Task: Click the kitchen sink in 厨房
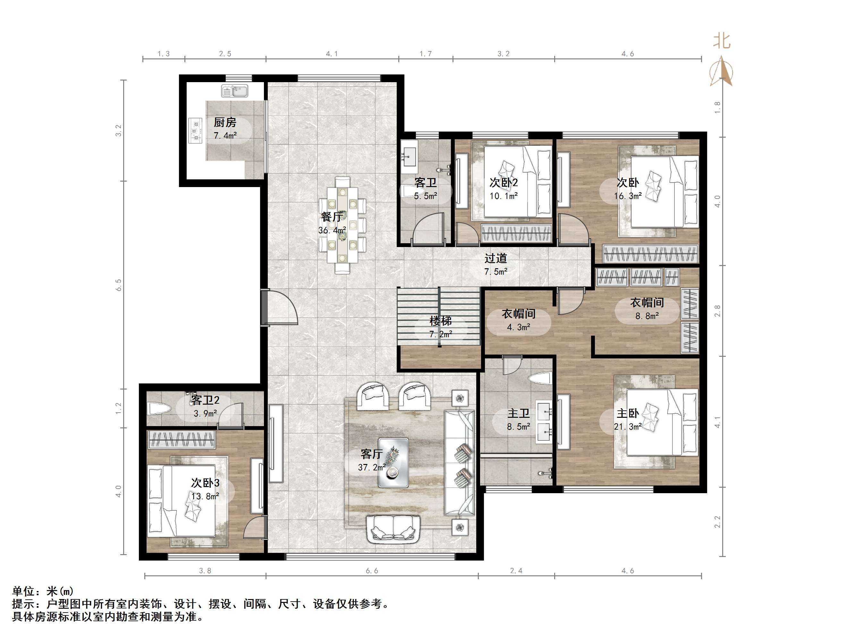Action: click(x=234, y=91)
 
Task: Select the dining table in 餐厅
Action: click(x=343, y=225)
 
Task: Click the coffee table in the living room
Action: click(x=393, y=463)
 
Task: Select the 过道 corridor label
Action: click(x=496, y=258)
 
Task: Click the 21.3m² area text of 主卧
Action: click(x=628, y=426)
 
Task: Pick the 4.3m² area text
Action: click(x=518, y=327)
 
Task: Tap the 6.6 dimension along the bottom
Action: click(x=372, y=571)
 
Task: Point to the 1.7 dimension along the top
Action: click(x=426, y=54)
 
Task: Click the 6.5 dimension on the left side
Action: click(x=119, y=285)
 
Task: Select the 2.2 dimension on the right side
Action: click(x=717, y=522)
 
